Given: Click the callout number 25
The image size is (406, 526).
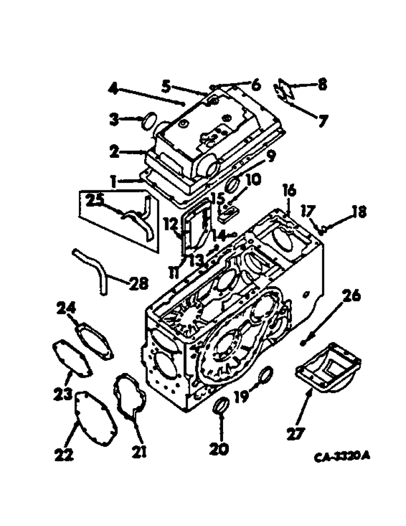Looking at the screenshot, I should coord(96,200).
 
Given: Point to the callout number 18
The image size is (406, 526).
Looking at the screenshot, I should coord(358,213).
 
